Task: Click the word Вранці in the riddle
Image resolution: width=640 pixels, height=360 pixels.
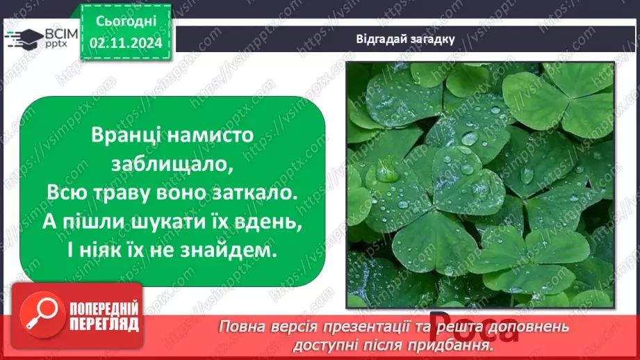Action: point(122,135)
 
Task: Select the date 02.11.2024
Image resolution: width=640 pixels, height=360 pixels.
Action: point(125,43)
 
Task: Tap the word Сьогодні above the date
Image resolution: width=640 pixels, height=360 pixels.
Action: point(125,24)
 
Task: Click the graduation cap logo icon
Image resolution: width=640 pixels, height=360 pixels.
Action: point(23,39)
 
